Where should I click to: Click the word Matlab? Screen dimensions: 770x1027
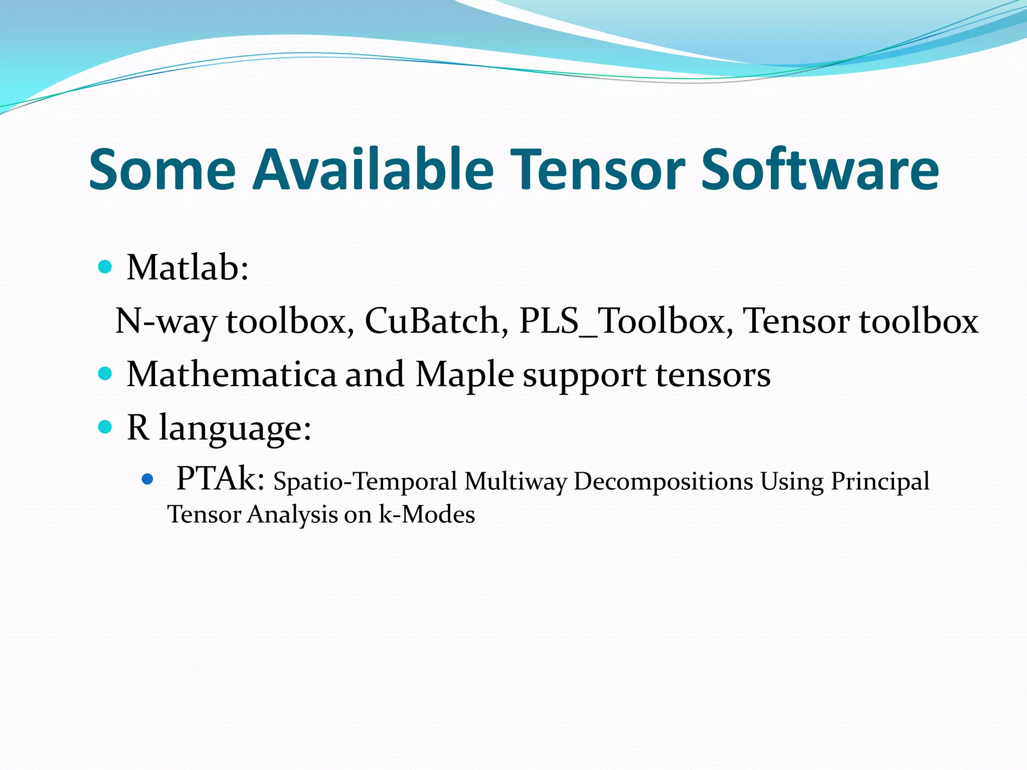188,268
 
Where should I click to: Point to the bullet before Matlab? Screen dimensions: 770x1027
105,267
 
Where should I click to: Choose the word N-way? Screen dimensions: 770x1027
166,321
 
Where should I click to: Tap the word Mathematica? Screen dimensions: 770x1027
232,374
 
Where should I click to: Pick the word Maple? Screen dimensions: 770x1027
464,375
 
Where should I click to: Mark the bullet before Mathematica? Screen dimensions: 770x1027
105,373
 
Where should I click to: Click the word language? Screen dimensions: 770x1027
235,429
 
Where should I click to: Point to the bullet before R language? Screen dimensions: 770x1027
105,427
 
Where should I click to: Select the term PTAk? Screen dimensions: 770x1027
220,479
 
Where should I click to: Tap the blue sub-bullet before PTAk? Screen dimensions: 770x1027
147,479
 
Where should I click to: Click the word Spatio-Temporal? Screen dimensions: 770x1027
365,482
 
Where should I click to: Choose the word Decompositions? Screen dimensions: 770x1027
663,482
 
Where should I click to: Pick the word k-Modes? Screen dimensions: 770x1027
426,515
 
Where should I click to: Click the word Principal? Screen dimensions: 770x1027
880,482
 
